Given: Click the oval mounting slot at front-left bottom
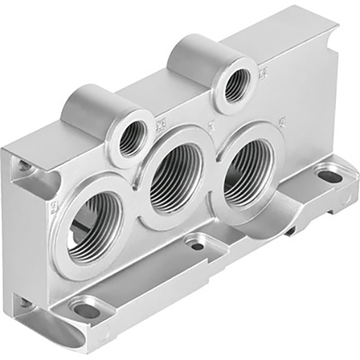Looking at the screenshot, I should click(87, 309).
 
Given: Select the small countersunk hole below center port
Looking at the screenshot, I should click(198, 245).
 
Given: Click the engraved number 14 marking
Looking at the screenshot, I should click(263, 72).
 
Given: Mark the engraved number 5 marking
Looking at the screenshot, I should click(281, 120).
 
